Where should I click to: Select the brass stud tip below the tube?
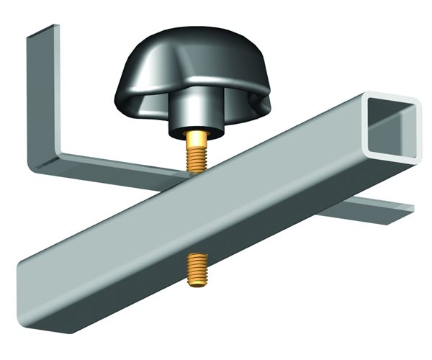[x=194, y=270]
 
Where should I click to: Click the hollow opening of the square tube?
[x=392, y=125]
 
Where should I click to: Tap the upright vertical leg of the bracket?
[x=44, y=101]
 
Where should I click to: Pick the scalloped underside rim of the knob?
[x=144, y=97]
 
